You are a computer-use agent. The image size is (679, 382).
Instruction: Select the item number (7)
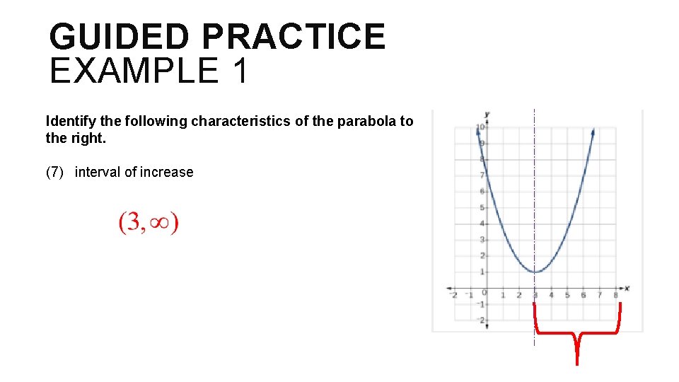pos(56,172)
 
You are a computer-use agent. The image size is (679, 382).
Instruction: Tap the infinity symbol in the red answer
pos(158,224)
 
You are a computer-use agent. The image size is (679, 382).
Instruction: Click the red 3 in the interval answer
pos(133,224)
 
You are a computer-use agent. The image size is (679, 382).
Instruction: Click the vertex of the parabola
pos(535,272)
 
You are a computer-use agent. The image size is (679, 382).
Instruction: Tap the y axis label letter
pos(487,114)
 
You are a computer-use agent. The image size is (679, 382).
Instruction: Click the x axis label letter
pos(627,288)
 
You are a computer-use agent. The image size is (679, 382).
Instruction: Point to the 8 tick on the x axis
pos(615,295)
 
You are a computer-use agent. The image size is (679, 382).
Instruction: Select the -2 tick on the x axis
pos(454,295)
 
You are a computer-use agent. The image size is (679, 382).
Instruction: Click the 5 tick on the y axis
pos(482,207)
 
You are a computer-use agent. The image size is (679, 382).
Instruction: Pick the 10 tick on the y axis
pos(480,127)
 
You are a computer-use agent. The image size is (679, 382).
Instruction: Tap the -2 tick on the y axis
pos(480,320)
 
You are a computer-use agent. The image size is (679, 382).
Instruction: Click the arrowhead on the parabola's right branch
pos(592,132)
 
